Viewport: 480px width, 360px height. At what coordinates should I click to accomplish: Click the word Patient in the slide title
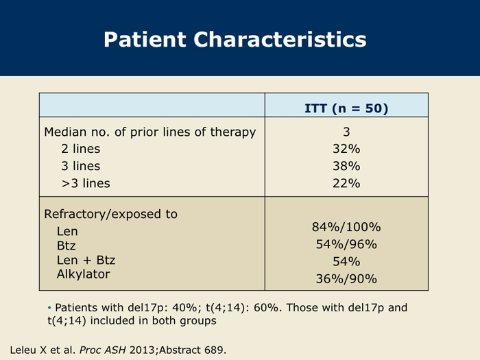point(145,39)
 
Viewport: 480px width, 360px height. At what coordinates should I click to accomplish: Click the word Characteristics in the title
point(280,39)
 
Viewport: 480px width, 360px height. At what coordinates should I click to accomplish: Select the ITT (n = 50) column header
point(346,108)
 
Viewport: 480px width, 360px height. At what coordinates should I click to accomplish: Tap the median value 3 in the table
point(346,132)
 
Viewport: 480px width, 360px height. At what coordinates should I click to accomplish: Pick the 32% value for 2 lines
point(346,149)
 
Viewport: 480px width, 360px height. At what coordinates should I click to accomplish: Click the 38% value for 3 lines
point(346,166)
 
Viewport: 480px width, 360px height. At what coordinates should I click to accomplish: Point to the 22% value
point(346,183)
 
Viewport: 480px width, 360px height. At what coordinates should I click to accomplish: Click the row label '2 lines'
point(80,149)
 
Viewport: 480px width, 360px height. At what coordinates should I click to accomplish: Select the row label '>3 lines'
point(86,183)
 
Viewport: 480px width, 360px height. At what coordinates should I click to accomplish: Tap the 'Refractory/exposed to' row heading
point(111,214)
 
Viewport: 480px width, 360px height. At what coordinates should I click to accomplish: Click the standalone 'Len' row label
point(67,231)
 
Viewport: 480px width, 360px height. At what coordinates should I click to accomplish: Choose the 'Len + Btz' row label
point(86,260)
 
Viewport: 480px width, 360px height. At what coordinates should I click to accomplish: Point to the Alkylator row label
point(83,274)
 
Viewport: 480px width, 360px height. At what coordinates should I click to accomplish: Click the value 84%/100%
point(346,227)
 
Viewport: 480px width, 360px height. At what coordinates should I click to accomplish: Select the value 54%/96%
point(346,244)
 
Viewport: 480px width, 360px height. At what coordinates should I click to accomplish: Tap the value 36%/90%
point(346,279)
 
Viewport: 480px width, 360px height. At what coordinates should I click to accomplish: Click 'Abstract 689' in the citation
point(191,350)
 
